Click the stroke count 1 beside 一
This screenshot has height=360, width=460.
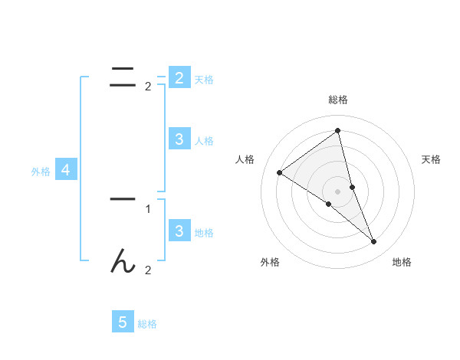click(148, 208)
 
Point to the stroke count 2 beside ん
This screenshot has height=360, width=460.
click(148, 270)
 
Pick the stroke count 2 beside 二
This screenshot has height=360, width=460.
click(148, 87)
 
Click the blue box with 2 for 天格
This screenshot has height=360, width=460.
click(179, 78)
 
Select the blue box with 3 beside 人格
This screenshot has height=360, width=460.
click(179, 139)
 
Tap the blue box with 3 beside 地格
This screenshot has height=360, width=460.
click(179, 231)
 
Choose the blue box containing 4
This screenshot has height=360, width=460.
click(66, 170)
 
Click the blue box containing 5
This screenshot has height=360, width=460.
click(123, 322)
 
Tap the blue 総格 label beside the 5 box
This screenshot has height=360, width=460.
click(147, 324)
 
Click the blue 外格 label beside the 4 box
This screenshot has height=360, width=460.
click(41, 172)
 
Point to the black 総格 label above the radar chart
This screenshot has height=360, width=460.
click(338, 100)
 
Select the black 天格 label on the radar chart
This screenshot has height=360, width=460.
click(432, 159)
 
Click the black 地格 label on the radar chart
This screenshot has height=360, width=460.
click(402, 263)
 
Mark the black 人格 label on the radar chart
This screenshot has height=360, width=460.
click(245, 159)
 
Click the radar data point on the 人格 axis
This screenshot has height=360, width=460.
click(279, 172)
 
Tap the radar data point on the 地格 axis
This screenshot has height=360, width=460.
click(374, 241)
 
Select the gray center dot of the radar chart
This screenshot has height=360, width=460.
click(338, 191)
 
